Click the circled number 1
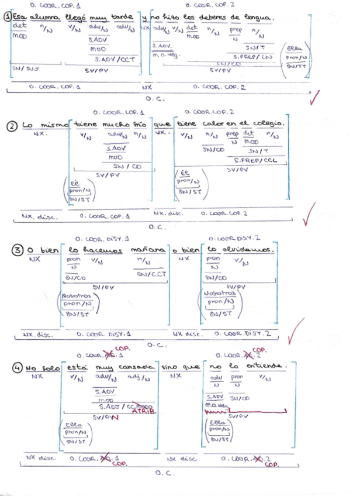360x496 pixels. click(7, 18)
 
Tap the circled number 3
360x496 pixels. click(18, 250)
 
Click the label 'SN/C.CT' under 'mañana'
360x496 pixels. click(151, 273)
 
